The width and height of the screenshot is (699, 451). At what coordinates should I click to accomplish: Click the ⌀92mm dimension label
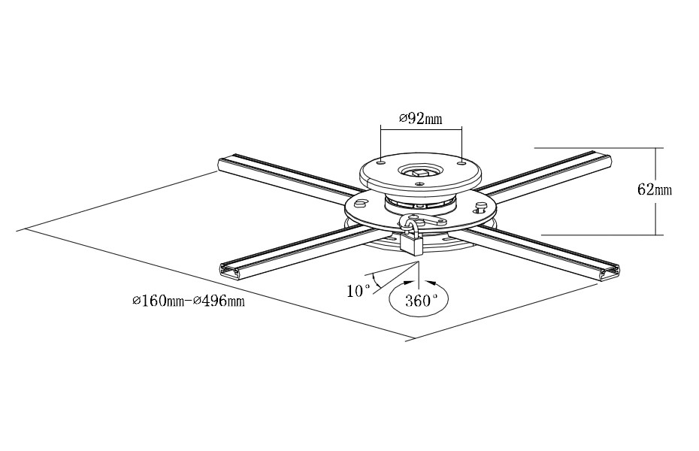pos(420,119)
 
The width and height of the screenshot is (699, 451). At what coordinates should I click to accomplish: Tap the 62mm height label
pos(654,189)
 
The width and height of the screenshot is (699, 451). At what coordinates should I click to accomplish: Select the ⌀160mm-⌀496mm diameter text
pos(189,301)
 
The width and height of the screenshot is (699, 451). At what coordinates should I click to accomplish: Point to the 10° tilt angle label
pos(359,290)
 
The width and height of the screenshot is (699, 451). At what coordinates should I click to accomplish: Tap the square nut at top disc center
pos(419,172)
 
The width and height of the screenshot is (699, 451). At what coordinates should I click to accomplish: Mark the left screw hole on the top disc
pos(382,161)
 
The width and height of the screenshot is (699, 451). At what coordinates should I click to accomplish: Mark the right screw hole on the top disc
pos(461,161)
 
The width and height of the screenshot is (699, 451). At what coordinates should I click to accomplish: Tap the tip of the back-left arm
pos(223,163)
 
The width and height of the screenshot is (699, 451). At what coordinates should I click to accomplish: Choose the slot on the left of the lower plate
pos(359,203)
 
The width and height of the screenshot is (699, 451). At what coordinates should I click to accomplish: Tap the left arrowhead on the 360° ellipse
pos(410,283)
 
